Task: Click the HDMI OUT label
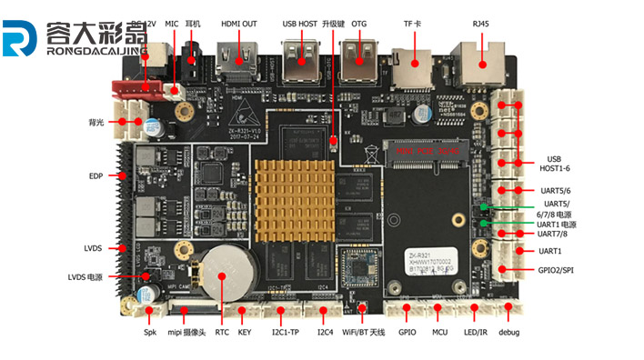[238, 24]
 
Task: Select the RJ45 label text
[478, 24]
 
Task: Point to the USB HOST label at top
[301, 24]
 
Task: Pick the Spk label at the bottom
[150, 333]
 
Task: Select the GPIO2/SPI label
[556, 271]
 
